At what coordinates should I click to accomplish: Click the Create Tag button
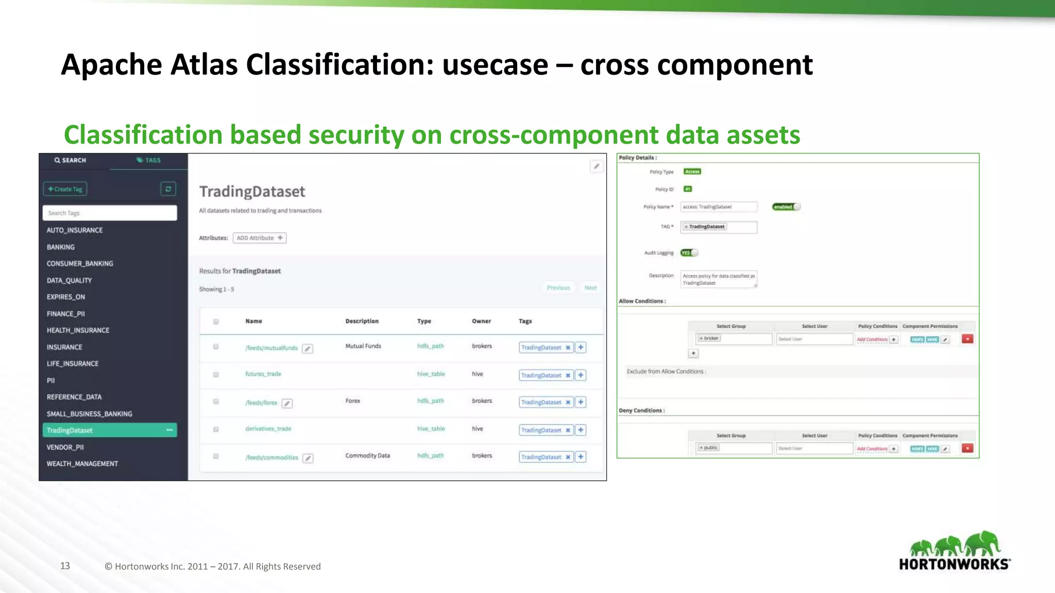(x=65, y=189)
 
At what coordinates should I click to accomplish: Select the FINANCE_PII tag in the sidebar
(x=66, y=313)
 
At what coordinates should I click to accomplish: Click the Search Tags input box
(x=110, y=213)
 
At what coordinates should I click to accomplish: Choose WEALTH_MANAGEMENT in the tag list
(x=82, y=464)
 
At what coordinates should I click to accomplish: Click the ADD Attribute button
(x=260, y=238)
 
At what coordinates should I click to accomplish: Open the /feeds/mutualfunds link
(x=271, y=348)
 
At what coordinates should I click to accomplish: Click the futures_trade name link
(x=263, y=374)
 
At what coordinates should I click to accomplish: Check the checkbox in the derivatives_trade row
(x=216, y=429)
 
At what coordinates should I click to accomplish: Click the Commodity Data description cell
(x=367, y=456)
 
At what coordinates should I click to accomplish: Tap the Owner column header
(x=481, y=321)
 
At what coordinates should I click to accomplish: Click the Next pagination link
(x=590, y=288)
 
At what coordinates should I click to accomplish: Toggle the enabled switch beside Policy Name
(x=786, y=207)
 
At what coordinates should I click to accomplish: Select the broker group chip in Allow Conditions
(x=709, y=338)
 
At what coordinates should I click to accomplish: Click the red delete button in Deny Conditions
(x=967, y=448)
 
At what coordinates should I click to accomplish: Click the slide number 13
(x=65, y=566)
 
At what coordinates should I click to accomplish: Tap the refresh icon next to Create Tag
(x=168, y=189)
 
